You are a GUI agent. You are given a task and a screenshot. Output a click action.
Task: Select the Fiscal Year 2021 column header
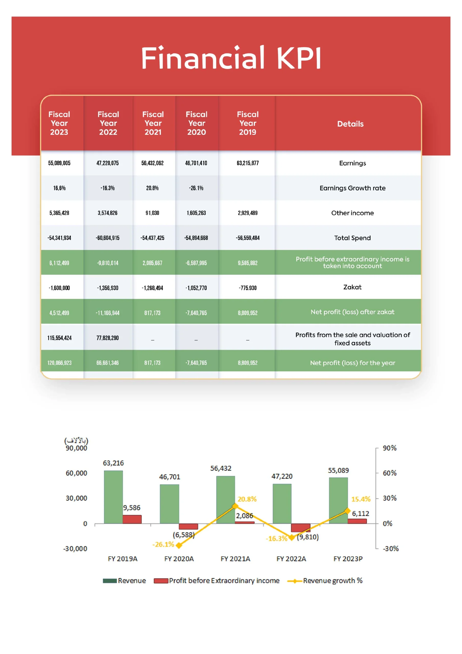pyautogui.click(x=153, y=123)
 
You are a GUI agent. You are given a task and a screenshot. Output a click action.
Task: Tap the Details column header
pyautogui.click(x=350, y=124)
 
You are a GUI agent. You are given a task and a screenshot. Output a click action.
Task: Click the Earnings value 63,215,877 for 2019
pyautogui.click(x=247, y=163)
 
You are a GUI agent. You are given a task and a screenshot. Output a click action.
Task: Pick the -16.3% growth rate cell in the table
pyautogui.click(x=107, y=188)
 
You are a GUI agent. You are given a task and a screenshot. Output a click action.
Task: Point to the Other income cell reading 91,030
pyautogui.click(x=152, y=213)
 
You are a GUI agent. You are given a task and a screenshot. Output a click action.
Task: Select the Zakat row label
pyautogui.click(x=352, y=287)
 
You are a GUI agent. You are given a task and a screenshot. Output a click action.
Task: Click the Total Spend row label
pyautogui.click(x=352, y=238)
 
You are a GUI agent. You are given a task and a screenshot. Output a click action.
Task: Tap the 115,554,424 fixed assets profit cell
pyautogui.click(x=59, y=338)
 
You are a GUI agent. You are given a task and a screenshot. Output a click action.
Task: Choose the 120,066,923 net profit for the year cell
pyautogui.click(x=59, y=363)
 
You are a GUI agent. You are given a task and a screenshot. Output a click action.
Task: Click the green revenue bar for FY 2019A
pyautogui.click(x=113, y=497)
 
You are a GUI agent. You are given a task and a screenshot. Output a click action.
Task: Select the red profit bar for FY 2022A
pyautogui.click(x=301, y=528)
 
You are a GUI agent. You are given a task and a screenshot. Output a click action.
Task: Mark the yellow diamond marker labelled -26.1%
pyautogui.click(x=179, y=545)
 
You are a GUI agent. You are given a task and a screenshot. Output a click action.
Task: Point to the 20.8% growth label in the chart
pyautogui.click(x=247, y=499)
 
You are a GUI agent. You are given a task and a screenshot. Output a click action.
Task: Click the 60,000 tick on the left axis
pyautogui.click(x=76, y=473)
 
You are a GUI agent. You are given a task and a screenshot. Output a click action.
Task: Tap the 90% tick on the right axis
pyautogui.click(x=389, y=448)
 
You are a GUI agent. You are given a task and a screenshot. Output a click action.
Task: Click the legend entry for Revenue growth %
pyautogui.click(x=325, y=580)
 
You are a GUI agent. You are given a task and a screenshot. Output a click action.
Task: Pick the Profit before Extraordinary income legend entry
pyautogui.click(x=217, y=580)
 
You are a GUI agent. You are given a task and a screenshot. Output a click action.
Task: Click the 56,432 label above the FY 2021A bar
pyautogui.click(x=221, y=468)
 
